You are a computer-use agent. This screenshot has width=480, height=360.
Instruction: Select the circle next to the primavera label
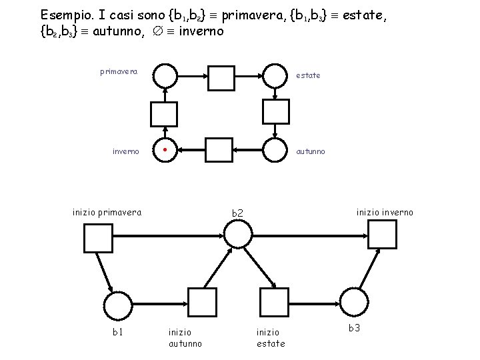pos(165,76)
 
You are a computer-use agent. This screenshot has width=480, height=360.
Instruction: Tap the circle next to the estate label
pos(275,76)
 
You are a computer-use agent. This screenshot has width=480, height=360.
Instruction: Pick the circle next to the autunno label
pos(275,150)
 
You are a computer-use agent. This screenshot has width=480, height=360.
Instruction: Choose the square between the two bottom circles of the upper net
pos(217,150)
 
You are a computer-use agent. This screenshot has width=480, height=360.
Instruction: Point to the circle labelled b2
pos(238,234)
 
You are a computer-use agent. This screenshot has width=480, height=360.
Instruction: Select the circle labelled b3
pos(353,303)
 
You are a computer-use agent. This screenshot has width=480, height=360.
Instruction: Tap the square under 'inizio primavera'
pos(98,238)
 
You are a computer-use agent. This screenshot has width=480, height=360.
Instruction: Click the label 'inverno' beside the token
pos(125,151)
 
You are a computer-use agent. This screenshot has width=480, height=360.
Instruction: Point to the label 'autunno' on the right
pos(311,151)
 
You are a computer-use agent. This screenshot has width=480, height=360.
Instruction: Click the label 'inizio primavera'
pos(107,213)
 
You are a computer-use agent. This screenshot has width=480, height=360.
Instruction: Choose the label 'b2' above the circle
pos(238,213)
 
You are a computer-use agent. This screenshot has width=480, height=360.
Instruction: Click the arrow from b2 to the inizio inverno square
pos(310,234)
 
